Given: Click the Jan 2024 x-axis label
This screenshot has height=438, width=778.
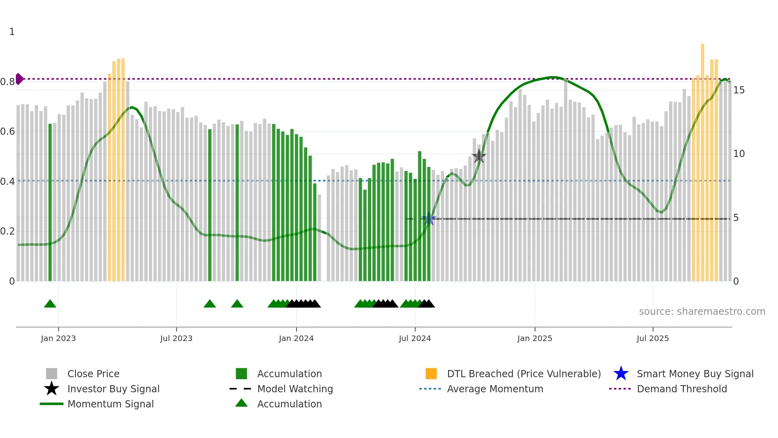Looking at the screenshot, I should click(x=296, y=338).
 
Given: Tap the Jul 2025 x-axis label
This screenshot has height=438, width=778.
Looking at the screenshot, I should click(x=653, y=338).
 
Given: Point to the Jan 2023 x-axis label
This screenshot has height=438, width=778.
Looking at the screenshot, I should click(x=58, y=338).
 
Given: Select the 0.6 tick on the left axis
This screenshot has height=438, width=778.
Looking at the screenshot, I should click(x=8, y=132).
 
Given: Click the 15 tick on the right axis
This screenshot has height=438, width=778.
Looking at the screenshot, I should click(x=739, y=90).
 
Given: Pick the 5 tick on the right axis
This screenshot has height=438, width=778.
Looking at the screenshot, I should click(x=736, y=218).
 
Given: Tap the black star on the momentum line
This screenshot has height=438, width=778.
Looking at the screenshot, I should click(x=479, y=156).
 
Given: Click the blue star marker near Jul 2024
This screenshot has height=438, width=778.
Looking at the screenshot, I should click(x=429, y=219).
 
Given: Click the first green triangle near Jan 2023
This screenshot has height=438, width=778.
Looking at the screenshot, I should click(x=50, y=304).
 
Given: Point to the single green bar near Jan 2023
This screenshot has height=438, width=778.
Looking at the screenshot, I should click(x=50, y=203).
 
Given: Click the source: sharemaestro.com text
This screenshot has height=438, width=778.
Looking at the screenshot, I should click(x=702, y=312).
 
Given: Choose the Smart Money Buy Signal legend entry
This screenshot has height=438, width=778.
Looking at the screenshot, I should click(x=695, y=374).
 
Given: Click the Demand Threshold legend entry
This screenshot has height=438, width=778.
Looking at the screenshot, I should click(x=682, y=389).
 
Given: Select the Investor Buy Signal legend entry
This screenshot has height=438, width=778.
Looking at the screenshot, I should click(x=113, y=389).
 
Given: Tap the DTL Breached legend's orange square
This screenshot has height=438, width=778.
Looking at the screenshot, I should click(x=431, y=374).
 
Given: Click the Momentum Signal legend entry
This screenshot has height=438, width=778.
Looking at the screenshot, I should click(x=110, y=404).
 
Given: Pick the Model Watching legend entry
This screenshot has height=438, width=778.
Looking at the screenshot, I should click(x=295, y=389).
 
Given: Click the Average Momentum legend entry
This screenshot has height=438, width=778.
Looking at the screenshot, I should click(x=495, y=389).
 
